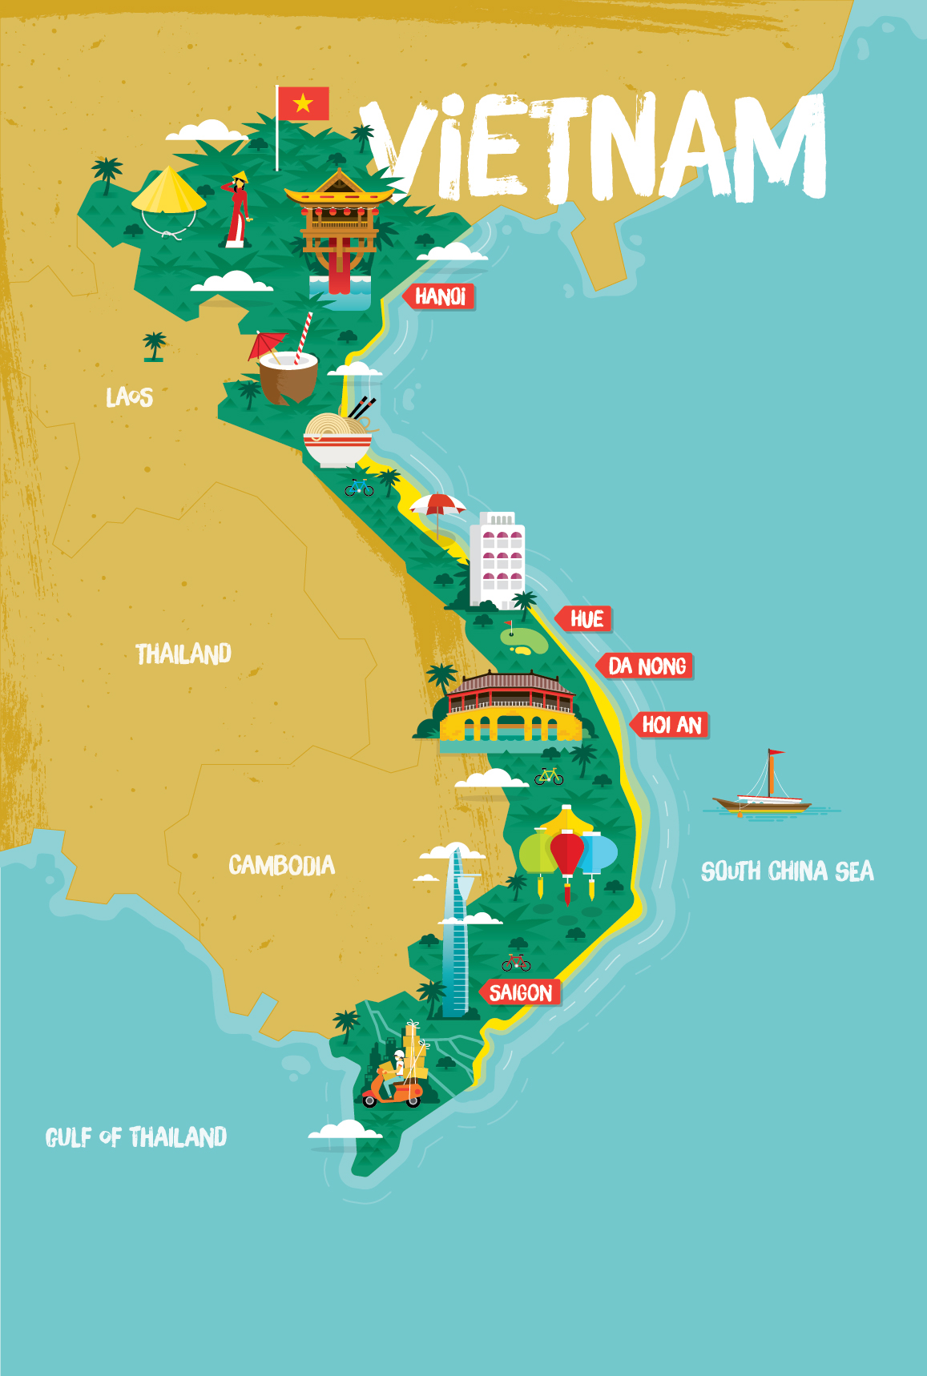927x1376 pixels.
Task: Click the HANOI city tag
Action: (x=441, y=297)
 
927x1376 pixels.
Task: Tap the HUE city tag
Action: (x=586, y=619)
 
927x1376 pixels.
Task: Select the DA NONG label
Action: (x=647, y=666)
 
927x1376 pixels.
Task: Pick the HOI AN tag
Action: (x=671, y=726)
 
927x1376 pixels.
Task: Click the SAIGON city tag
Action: (x=522, y=993)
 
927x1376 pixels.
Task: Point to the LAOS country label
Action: (x=129, y=396)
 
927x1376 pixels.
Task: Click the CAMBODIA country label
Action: (x=281, y=865)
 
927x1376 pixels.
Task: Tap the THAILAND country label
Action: (x=183, y=654)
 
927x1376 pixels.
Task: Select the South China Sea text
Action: (x=787, y=871)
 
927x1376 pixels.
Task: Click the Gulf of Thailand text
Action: (x=136, y=1137)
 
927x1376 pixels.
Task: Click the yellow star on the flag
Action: (x=303, y=103)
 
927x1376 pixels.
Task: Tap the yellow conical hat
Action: (x=167, y=192)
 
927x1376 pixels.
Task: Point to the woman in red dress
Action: (x=237, y=210)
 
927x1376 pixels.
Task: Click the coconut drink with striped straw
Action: (x=288, y=373)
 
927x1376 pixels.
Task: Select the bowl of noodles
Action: (x=337, y=441)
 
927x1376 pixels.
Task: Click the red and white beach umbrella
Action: (x=437, y=506)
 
